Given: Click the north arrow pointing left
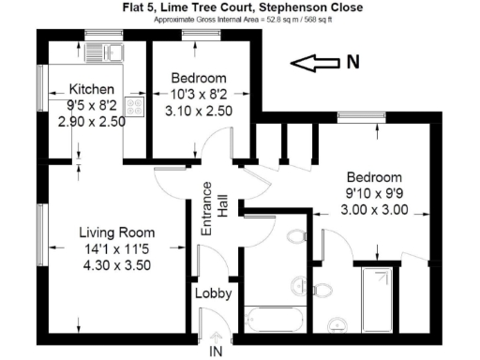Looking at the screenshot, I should point(316,63).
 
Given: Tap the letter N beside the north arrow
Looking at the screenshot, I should point(352,63).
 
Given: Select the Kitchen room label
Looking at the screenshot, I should point(92,90).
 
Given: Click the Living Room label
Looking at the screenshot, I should point(116,232).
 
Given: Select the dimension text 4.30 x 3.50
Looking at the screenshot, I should point(116,264).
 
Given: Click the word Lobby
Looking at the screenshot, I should point(213,293).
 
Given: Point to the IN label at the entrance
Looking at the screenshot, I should point(216,352).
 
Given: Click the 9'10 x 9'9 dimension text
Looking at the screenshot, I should point(374,194).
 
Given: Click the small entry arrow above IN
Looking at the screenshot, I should point(216,336).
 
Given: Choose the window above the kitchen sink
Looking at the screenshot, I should point(97,36).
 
